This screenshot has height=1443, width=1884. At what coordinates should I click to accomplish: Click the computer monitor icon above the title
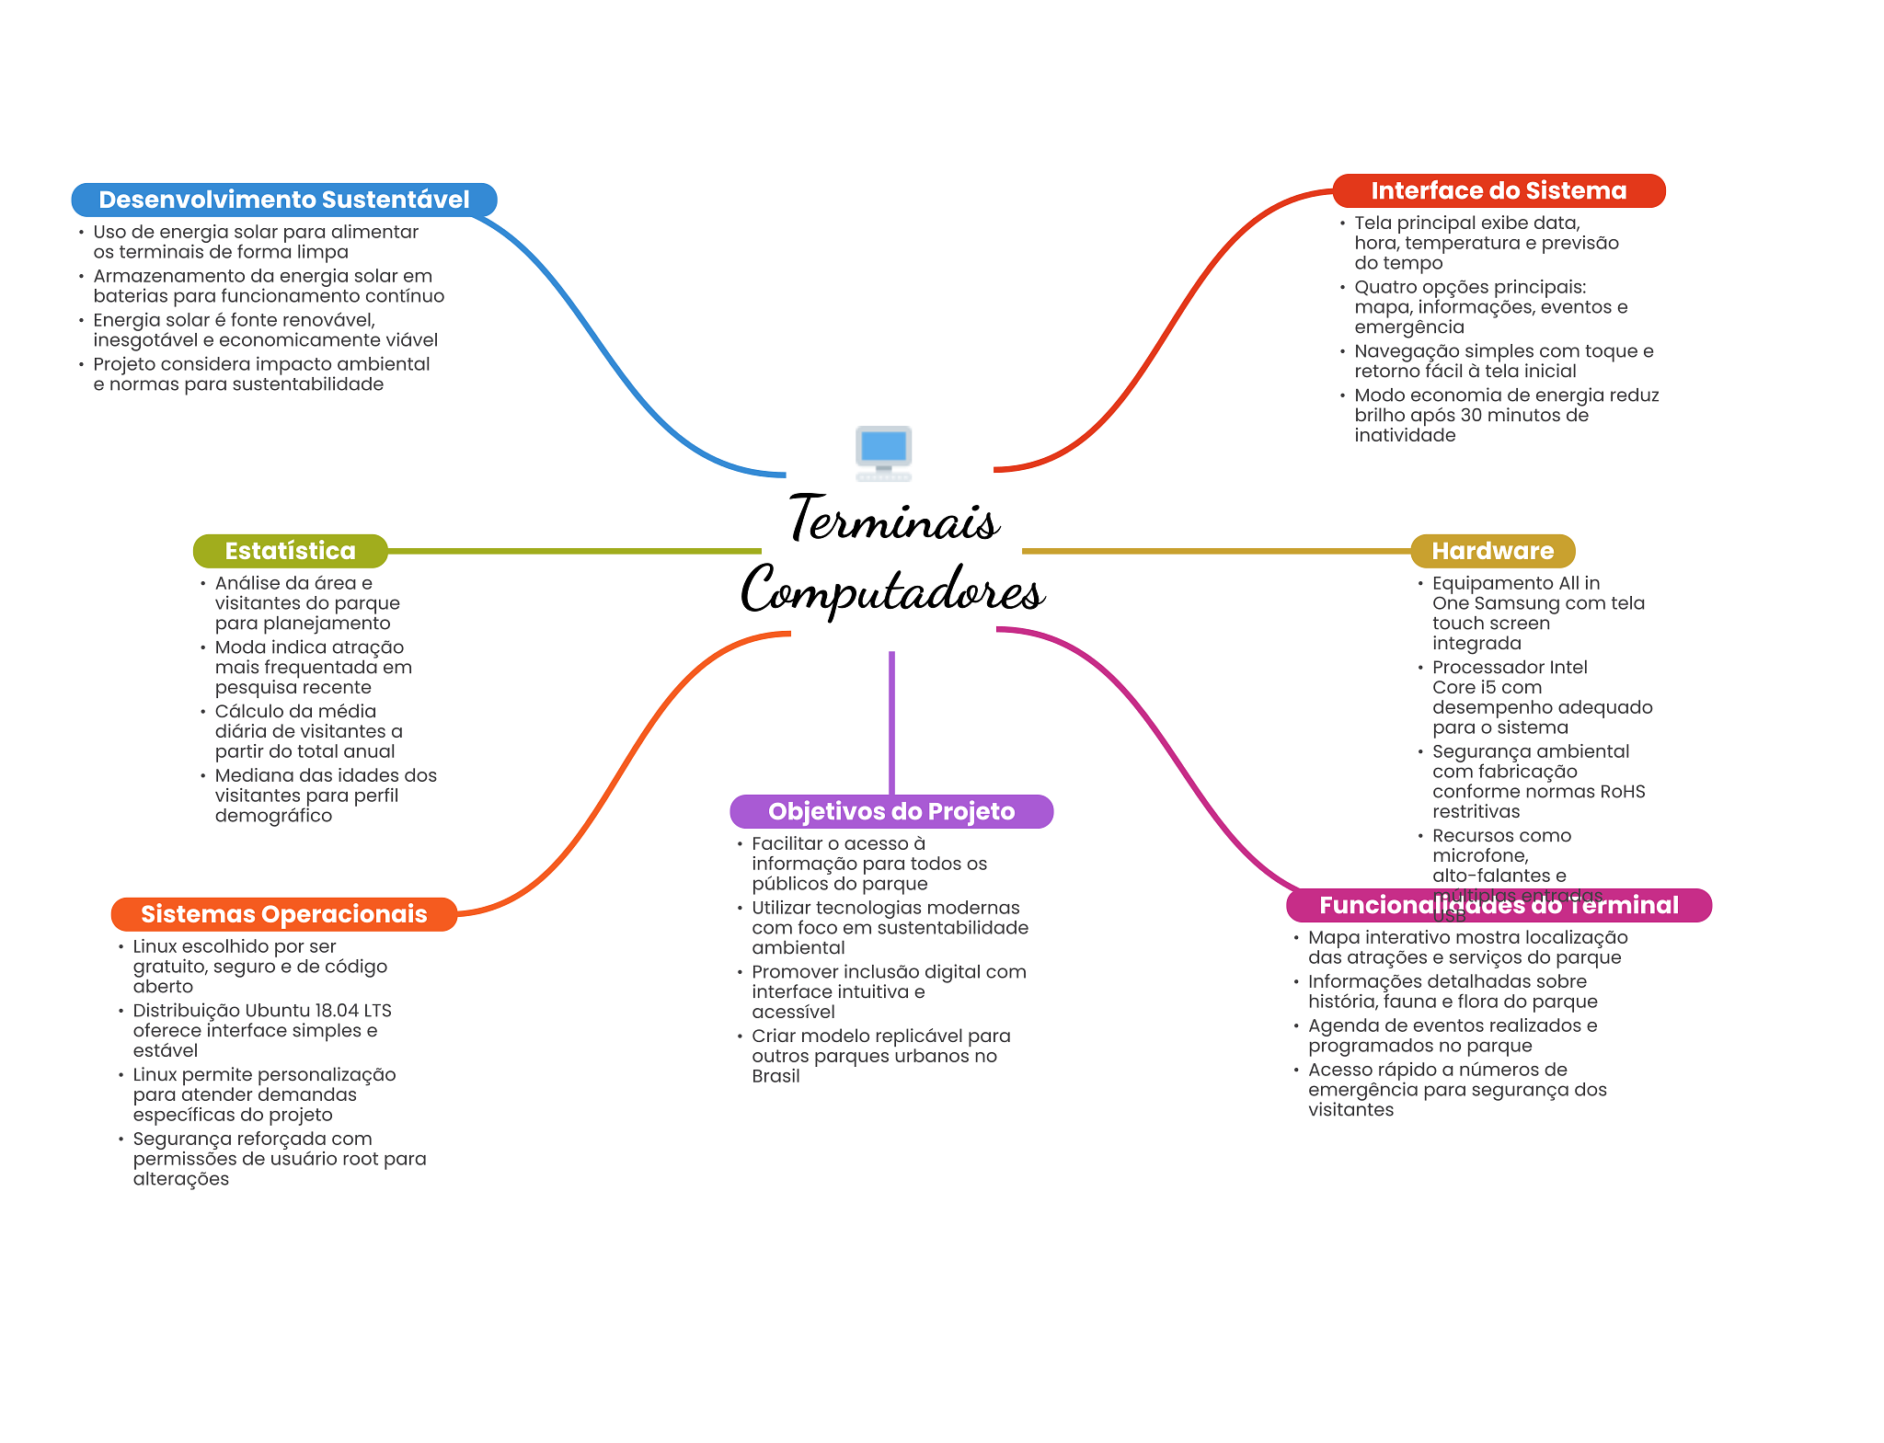[x=883, y=451]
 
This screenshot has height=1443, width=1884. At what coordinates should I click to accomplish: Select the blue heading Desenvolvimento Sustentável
[x=283, y=200]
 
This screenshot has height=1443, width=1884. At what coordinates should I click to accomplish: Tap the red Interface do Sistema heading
[x=1499, y=190]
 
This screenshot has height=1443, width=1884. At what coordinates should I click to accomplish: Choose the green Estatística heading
[x=290, y=551]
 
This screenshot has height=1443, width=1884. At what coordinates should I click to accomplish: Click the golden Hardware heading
[x=1492, y=551]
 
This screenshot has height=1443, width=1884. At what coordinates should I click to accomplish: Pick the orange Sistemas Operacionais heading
[x=283, y=914]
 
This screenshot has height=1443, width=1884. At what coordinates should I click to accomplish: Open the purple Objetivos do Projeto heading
[x=891, y=811]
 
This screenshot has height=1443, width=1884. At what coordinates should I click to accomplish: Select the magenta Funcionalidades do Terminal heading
[x=1499, y=905]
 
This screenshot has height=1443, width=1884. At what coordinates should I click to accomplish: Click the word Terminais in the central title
[x=893, y=520]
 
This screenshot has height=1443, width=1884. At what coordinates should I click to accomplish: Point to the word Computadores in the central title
[x=892, y=590]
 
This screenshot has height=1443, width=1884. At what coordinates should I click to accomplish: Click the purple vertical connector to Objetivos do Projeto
[x=891, y=722]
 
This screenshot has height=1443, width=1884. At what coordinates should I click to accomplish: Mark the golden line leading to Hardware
[x=1215, y=551]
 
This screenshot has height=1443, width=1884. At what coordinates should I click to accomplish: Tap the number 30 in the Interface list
[x=1472, y=416]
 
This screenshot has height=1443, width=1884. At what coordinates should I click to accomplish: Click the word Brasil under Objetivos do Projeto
[x=775, y=1076]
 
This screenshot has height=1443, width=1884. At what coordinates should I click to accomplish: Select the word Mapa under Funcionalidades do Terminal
[x=1333, y=937]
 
